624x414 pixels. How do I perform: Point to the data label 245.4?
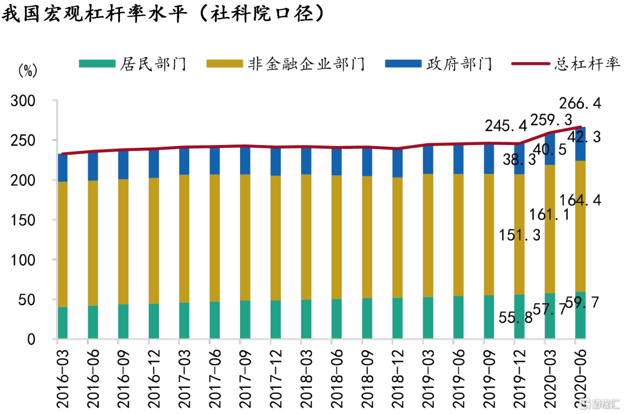tap(506, 125)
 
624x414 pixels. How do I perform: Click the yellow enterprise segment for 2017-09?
tap(245, 237)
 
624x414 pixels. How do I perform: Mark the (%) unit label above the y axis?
tap(27, 72)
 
